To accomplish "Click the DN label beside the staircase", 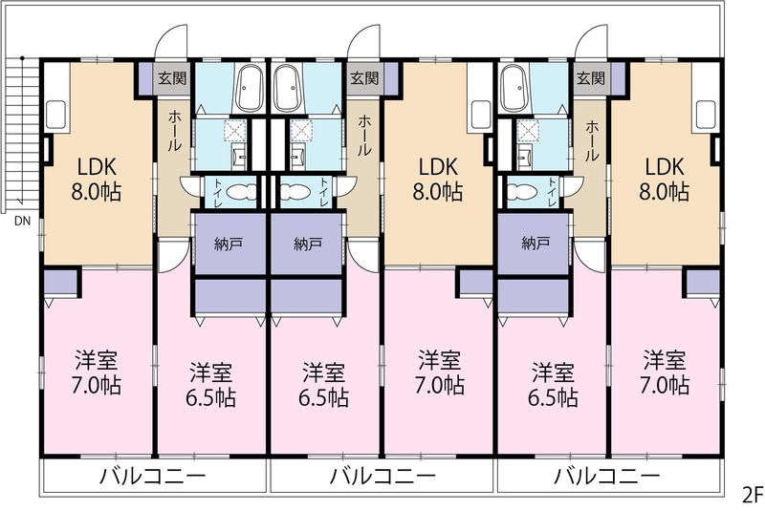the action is pyautogui.click(x=22, y=222).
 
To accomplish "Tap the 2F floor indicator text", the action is pyautogui.click(x=753, y=496).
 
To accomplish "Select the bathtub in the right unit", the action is pyautogui.click(x=513, y=88).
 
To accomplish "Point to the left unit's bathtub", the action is pyautogui.click(x=250, y=88).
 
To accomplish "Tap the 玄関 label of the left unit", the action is pyautogui.click(x=172, y=78).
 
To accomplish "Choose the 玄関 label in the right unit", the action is pyautogui.click(x=591, y=78).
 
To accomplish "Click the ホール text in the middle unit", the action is pyautogui.click(x=364, y=136).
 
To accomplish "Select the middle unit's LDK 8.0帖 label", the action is pyautogui.click(x=438, y=180).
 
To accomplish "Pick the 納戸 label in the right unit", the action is pyautogui.click(x=535, y=243).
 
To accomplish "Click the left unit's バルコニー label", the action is pyautogui.click(x=153, y=476).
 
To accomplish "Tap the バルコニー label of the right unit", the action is pyautogui.click(x=607, y=476).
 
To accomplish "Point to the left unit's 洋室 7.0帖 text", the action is pyautogui.click(x=97, y=373).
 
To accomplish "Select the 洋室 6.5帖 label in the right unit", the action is pyautogui.click(x=553, y=385).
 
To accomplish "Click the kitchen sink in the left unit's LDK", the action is pyautogui.click(x=56, y=115).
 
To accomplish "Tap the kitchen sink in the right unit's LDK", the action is pyautogui.click(x=706, y=115).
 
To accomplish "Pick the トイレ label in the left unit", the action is pyautogui.click(x=217, y=191).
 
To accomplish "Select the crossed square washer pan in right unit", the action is pyautogui.click(x=528, y=130).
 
